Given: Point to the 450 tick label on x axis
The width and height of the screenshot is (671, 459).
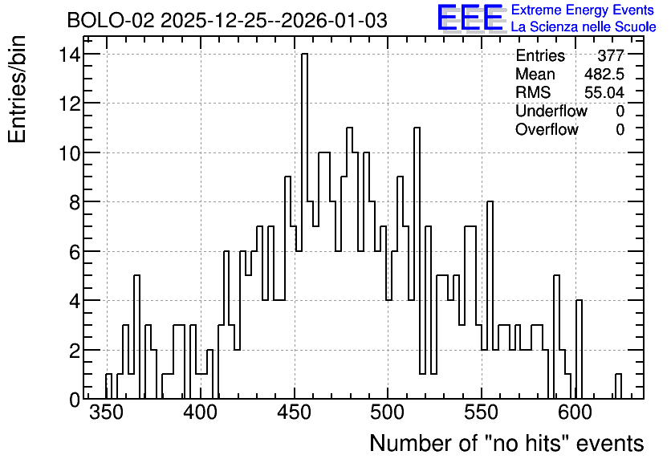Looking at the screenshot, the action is coord(294,412).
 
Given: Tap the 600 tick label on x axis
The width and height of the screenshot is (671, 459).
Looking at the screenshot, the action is coord(576,412).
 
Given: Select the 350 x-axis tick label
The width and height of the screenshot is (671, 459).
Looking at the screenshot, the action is coord(106,412).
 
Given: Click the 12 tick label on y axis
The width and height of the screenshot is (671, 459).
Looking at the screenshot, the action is coord(69,103).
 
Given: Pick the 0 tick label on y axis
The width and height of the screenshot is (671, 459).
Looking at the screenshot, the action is coord(75,400).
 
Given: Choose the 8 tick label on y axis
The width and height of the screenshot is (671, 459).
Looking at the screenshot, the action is coord(75,202).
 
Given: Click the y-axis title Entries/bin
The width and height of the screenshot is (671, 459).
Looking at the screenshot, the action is coord(18,89).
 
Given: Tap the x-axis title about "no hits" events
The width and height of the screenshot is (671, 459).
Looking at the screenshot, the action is coord(506,443).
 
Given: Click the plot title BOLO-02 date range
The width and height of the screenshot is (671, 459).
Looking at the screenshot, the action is coord(227,20).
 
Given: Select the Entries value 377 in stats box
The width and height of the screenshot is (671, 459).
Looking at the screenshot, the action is coord(611,55).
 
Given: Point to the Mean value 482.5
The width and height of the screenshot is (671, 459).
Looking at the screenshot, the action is coord(604,74).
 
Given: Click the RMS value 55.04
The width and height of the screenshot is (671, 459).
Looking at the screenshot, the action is coord(604,92).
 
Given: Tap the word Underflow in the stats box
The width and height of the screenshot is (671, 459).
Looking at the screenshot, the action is coord(551,111).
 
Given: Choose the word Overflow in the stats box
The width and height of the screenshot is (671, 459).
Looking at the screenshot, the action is coord(547,129).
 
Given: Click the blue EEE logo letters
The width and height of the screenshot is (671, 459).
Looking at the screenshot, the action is coord(470,18).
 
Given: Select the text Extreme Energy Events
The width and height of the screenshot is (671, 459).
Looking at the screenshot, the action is coord(583,10).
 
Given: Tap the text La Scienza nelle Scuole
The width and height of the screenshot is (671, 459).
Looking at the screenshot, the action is coord(584,26).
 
